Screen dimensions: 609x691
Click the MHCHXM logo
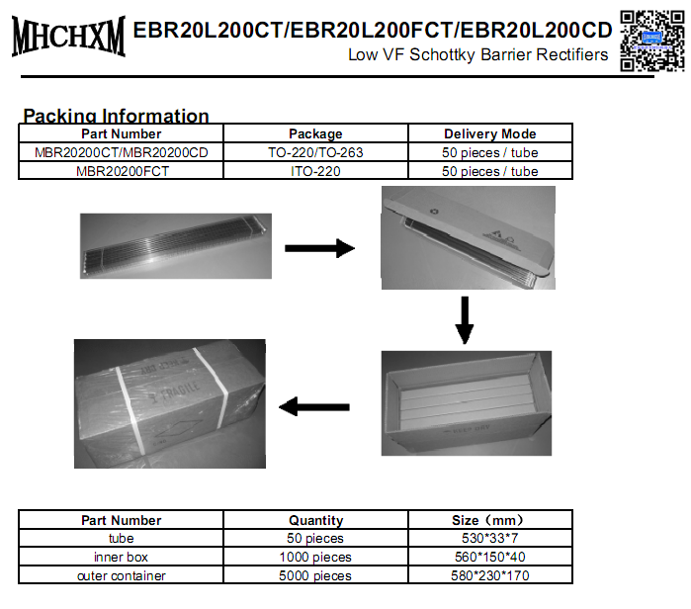click(x=68, y=37)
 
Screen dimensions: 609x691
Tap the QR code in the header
click(x=650, y=40)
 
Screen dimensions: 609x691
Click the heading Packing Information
click(x=116, y=116)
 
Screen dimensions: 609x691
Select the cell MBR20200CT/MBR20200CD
click(x=122, y=152)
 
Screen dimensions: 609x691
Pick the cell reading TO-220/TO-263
click(x=315, y=152)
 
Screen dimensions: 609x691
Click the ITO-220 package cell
click(x=315, y=171)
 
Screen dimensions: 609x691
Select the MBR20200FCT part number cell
click(x=122, y=171)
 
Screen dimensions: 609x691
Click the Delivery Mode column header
click(x=489, y=133)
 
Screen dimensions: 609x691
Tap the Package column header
click(x=315, y=133)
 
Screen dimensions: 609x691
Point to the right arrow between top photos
click(x=319, y=248)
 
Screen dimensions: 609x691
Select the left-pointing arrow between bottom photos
click(x=315, y=405)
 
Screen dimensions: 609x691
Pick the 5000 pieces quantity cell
click(x=315, y=575)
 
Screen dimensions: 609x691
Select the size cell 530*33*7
click(x=489, y=539)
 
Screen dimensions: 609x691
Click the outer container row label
click(x=122, y=575)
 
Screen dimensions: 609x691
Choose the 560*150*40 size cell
click(x=489, y=557)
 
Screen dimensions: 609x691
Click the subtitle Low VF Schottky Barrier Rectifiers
click(x=477, y=55)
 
